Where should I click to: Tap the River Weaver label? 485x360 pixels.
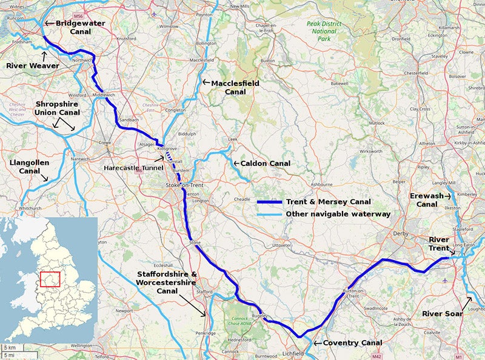[33, 65]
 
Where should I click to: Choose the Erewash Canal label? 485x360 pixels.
[427, 200]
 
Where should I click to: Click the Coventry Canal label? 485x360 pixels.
[352, 343]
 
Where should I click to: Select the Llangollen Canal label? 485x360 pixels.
[25, 167]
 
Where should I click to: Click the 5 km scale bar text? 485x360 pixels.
[10, 347]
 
